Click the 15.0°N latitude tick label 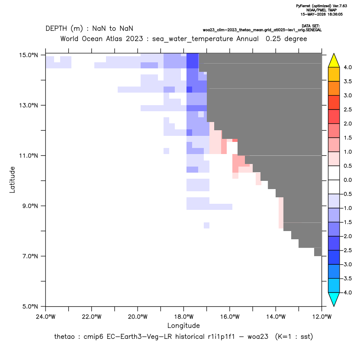pos(29,55)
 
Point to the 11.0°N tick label pos(29,156)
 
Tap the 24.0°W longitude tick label pos(46,317)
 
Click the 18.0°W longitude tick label pos(183,317)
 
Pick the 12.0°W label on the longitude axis pos(322,317)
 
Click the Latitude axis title pos(12,180)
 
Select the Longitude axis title pos(183,325)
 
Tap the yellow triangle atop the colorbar pos(334,61)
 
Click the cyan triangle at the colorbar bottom pos(334,298)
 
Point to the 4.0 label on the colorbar pos(347,67)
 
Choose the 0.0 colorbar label pos(347,180)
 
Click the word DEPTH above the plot pos(56,29)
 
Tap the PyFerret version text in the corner pos(321,6)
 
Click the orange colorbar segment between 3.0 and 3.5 pos(334,88)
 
